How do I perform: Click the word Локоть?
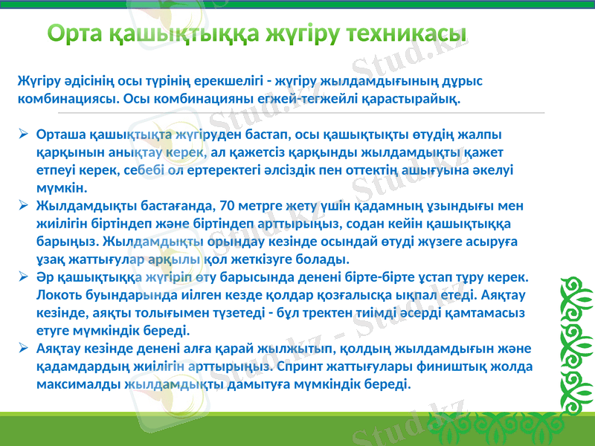(57, 294)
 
